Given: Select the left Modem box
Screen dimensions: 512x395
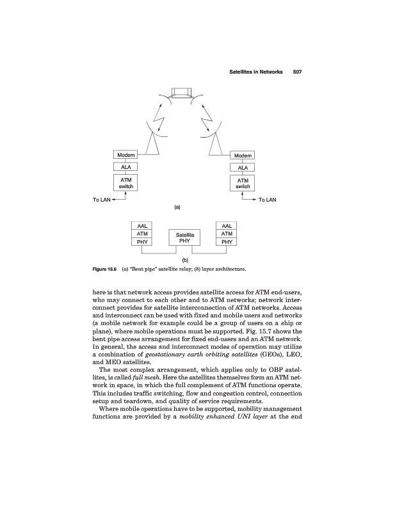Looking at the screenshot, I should (125, 156).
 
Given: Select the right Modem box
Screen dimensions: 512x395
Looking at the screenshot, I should (243, 156).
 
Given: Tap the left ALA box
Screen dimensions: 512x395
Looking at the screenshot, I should (125, 168).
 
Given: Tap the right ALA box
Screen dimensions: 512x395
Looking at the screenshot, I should (243, 168).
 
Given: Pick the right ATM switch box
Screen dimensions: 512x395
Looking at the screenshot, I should (243, 183).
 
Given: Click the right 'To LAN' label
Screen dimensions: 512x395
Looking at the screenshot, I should (267, 200).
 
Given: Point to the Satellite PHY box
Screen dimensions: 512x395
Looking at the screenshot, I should (184, 238).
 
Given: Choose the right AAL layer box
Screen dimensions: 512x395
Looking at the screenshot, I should (227, 226).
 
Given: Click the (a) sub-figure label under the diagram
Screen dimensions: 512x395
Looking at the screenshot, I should (178, 207).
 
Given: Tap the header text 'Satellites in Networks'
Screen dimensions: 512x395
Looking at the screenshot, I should (256, 72).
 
